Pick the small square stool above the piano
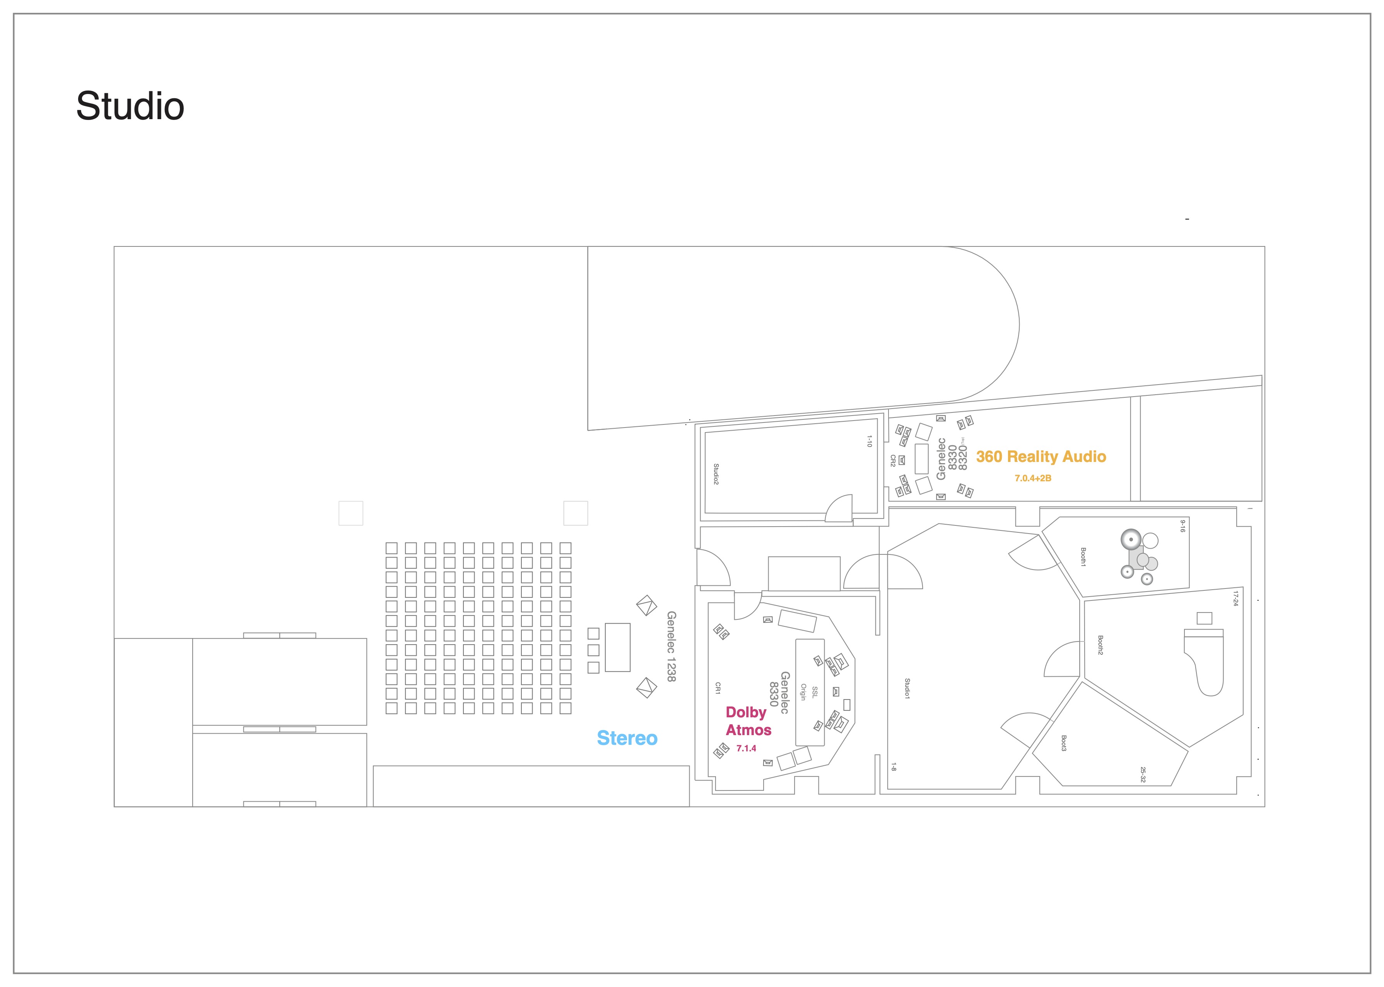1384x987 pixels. point(1204,618)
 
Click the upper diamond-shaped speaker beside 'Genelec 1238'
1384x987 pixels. point(646,606)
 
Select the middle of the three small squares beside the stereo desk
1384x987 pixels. point(594,650)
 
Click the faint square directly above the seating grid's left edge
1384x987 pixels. point(350,513)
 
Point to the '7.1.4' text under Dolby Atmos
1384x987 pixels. point(746,749)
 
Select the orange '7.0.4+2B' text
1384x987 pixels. point(1033,478)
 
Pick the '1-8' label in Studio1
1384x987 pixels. point(893,767)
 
